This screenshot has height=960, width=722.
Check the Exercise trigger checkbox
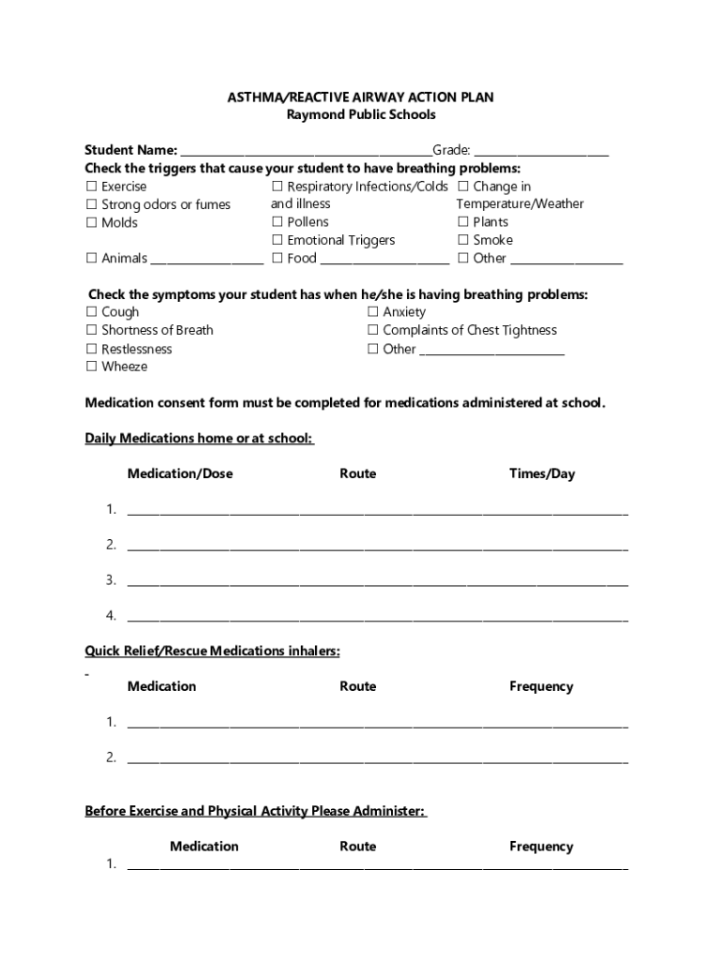[92, 187]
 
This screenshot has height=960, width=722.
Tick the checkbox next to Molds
[92, 222]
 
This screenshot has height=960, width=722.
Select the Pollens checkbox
[278, 222]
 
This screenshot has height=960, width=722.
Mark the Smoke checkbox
[463, 240]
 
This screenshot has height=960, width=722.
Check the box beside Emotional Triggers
[278, 240]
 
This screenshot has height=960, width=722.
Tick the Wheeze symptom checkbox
[92, 367]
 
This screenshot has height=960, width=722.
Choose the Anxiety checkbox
[373, 312]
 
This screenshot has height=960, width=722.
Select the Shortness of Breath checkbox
[92, 330]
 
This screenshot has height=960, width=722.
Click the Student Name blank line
[306, 151]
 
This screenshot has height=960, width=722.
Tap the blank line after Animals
[207, 260]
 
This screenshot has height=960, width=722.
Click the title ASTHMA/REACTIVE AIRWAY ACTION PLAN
[361, 97]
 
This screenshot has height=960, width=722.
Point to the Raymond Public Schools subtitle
[361, 115]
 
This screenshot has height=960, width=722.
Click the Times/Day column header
[542, 474]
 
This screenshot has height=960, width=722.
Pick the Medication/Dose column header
[180, 474]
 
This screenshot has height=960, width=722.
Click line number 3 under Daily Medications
[377, 581]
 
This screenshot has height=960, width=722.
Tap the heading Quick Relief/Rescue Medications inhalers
[212, 651]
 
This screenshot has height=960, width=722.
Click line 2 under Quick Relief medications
[377, 758]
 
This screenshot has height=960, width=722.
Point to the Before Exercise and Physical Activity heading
[256, 811]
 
